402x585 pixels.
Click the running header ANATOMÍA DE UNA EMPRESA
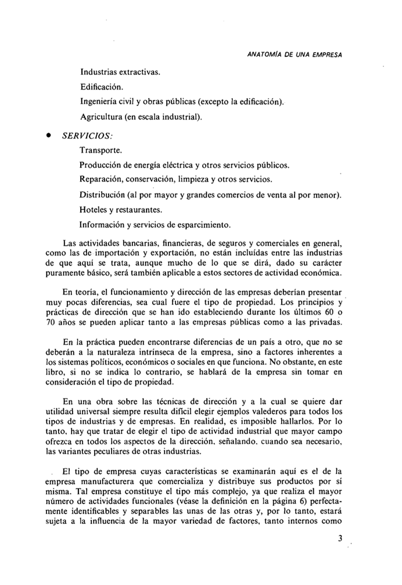294,55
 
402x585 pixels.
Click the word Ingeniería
100,102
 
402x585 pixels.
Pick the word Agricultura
102,116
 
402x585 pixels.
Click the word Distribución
105,193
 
